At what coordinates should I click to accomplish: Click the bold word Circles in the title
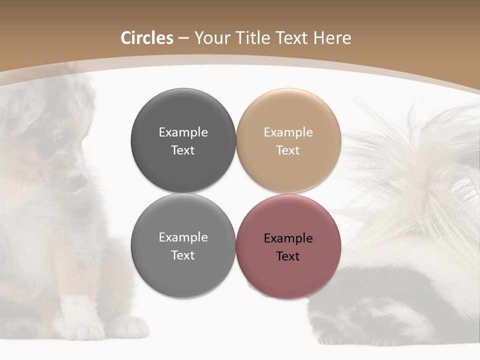coord(146,38)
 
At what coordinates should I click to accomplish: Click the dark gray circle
coord(183,140)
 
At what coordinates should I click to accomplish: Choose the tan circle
coord(288,140)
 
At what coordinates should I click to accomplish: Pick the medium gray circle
coord(183,246)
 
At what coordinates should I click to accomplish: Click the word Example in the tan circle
coord(288,132)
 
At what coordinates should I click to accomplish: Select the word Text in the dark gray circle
coord(183,150)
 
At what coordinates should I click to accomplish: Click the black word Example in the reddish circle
coord(288,238)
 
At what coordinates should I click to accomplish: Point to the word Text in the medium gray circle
coord(183,255)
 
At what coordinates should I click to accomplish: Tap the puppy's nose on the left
coord(77,183)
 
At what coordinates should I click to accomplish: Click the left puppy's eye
coord(58,139)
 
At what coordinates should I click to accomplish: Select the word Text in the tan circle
coord(288,150)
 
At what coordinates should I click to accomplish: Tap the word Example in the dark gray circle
coord(183,132)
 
